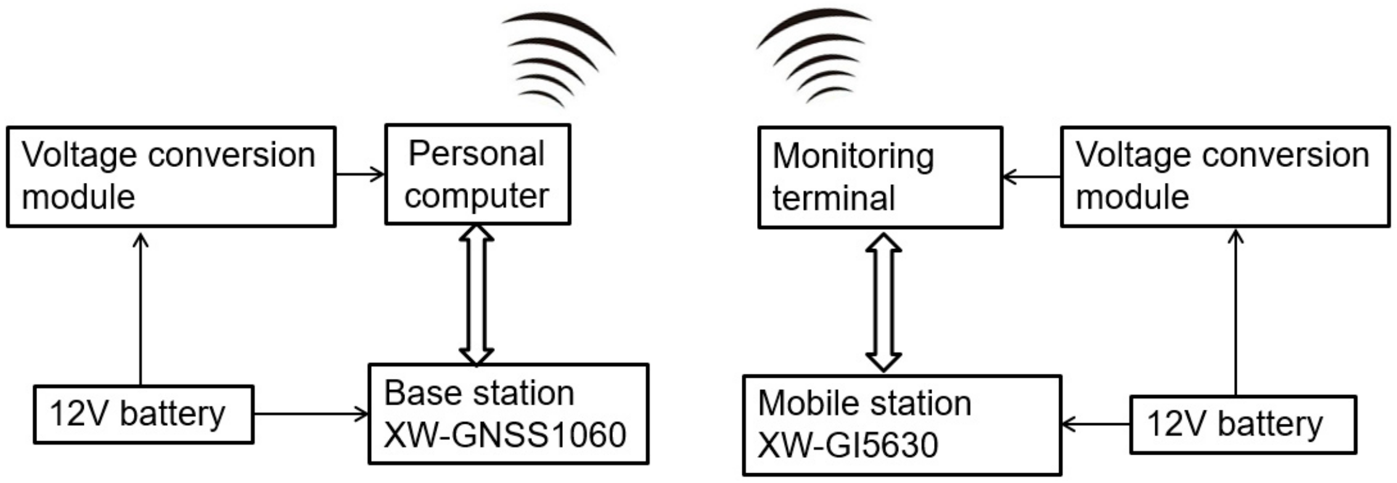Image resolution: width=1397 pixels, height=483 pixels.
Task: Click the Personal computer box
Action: [477, 174]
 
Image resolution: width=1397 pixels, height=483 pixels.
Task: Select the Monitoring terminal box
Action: [880, 177]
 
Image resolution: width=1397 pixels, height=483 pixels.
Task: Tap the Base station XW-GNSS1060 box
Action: [508, 413]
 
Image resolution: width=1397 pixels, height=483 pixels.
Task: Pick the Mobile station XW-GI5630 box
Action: [901, 425]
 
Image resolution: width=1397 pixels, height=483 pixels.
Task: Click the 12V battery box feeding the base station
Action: [143, 414]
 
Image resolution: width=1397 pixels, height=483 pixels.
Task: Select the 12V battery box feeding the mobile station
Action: [1242, 424]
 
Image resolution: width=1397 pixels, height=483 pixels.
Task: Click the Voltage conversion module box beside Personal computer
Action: [171, 177]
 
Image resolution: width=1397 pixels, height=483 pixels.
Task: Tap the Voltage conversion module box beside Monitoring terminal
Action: [1224, 177]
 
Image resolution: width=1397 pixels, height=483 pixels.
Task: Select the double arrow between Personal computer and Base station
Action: [477, 294]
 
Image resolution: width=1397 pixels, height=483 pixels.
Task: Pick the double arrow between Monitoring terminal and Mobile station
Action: [883, 302]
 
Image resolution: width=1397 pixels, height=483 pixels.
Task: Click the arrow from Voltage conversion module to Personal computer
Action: [360, 174]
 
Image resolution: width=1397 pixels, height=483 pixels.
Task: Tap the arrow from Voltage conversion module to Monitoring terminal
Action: [1031, 177]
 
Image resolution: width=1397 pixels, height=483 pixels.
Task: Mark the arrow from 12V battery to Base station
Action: [311, 413]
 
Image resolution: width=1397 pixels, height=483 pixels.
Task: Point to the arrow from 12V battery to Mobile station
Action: [1096, 424]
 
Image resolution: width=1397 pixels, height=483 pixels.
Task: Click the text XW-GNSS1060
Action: [504, 435]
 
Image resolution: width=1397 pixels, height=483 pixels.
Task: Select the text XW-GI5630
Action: [847, 445]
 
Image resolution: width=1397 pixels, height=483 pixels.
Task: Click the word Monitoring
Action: [853, 156]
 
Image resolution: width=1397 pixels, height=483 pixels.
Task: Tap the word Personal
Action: [476, 154]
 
